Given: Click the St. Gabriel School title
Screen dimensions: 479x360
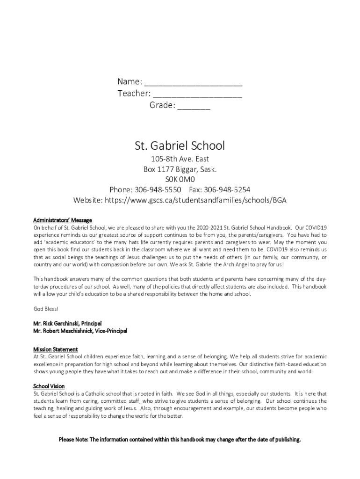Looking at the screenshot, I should (x=180, y=145).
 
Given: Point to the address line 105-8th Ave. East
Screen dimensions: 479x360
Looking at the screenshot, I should (x=180, y=159).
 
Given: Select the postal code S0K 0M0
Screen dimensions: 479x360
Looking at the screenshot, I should (x=180, y=179).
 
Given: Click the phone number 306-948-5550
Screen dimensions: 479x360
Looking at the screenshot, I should (x=158, y=189).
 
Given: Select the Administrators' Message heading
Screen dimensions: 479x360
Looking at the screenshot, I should (x=62, y=220).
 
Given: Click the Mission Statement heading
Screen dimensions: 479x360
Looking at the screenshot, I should (x=55, y=349).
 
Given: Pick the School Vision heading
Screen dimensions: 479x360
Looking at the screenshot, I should (x=49, y=386).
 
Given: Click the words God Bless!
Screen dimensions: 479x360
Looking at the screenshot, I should (x=46, y=309).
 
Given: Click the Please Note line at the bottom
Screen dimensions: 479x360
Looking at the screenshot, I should (x=180, y=440).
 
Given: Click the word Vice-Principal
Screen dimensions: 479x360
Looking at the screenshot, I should (x=110, y=331).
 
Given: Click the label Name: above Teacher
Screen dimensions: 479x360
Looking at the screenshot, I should (x=130, y=82).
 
